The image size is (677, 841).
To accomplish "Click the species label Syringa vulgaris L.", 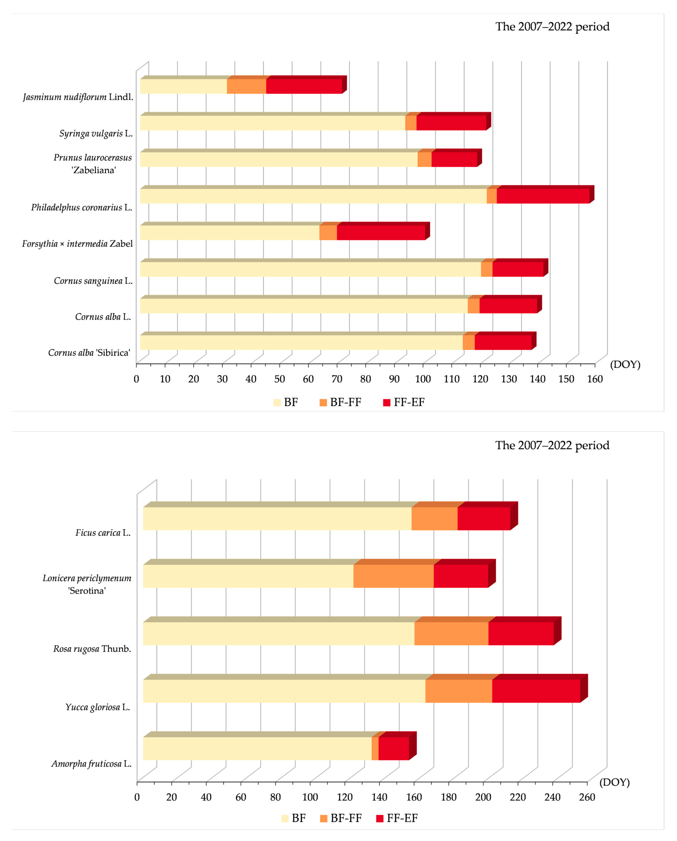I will pos(96,133).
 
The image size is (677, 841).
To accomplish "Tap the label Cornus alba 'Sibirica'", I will pos(89,353).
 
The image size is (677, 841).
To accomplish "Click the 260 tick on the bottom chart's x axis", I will pos(587,797).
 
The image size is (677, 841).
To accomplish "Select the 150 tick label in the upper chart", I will pos(566,379).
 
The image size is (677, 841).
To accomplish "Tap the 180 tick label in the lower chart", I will pos(448,797).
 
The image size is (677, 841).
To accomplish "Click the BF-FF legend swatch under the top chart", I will pos(323,402).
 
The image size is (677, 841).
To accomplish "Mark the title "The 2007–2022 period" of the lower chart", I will pos(552,445).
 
